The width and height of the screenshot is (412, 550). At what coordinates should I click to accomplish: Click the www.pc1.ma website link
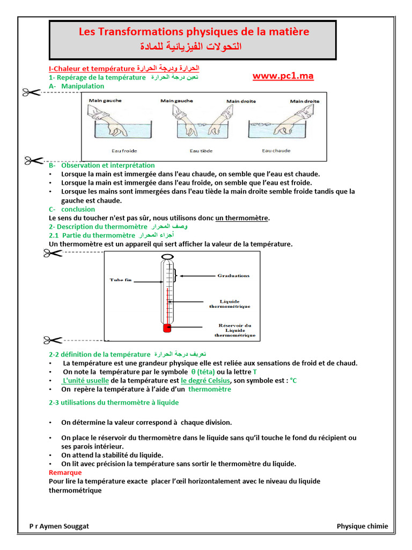pos(283,76)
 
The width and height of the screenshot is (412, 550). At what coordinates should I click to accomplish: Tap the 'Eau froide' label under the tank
pos(121,151)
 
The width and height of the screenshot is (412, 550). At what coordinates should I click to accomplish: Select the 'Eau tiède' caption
pos(202,151)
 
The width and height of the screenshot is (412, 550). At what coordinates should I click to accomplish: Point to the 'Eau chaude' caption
pos(276,151)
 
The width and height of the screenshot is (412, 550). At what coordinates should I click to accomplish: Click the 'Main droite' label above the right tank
pos(305,101)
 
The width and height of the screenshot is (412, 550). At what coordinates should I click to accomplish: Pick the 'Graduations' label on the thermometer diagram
pos(233,276)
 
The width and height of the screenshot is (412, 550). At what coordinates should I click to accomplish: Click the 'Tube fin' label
pos(120,280)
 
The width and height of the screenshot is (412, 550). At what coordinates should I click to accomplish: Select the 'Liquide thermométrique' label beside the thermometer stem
pos(230,304)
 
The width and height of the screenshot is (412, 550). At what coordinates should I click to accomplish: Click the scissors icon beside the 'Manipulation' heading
pos(31,93)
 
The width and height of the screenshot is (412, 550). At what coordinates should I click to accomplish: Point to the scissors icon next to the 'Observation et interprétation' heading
pos(34,160)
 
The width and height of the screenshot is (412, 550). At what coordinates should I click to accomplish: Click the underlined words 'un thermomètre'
pos(242,218)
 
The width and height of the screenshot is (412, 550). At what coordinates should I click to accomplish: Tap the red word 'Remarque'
pos(65,473)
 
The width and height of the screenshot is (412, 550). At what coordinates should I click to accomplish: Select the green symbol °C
pos(293,381)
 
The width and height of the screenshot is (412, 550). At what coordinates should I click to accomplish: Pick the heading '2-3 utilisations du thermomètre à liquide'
pos(114,402)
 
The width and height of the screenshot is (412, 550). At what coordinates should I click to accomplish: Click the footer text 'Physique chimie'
pos(362,526)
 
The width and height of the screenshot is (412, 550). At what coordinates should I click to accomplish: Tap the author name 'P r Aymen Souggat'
pos(59,526)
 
